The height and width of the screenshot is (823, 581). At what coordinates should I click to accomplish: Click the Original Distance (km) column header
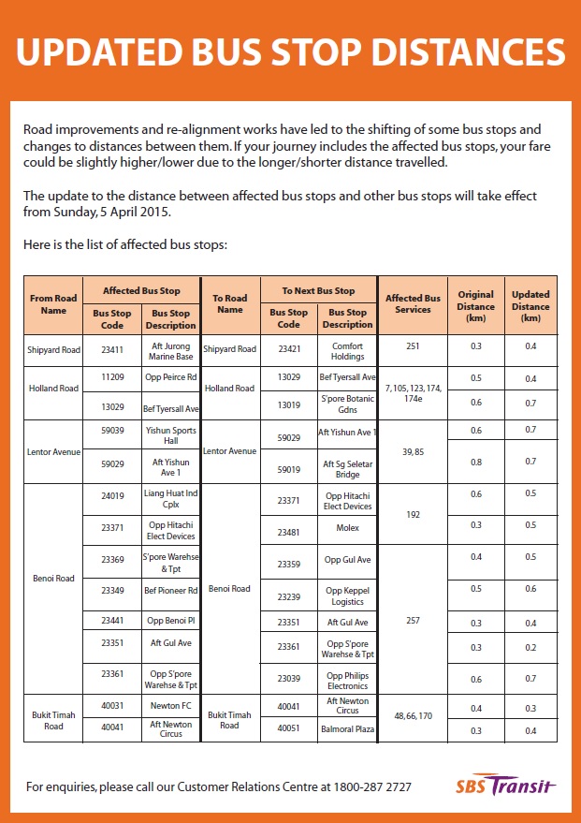click(475, 305)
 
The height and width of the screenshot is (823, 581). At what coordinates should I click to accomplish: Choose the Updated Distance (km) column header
click(530, 305)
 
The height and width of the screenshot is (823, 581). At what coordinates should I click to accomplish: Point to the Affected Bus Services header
click(413, 304)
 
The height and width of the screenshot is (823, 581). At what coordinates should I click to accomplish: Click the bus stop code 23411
click(112, 349)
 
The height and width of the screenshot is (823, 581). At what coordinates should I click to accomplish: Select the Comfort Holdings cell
click(347, 349)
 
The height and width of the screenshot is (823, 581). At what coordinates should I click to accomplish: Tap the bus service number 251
click(413, 345)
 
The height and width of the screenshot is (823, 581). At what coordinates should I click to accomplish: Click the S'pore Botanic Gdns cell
click(347, 405)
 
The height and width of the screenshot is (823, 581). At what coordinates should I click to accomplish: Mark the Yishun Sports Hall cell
click(171, 435)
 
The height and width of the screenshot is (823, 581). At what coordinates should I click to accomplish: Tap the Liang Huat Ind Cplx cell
click(171, 498)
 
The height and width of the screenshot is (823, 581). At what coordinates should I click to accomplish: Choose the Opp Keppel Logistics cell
click(347, 596)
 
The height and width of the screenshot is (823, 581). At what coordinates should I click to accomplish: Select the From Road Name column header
click(54, 304)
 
